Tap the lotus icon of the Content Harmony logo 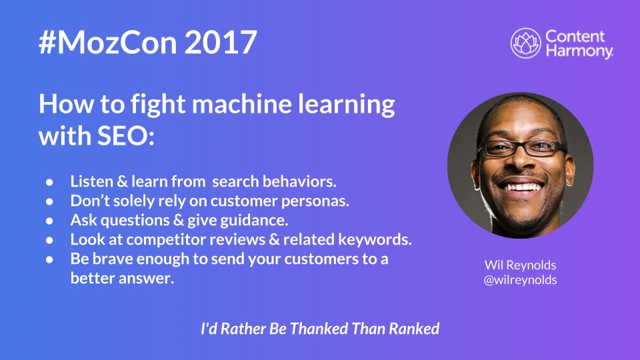[525, 43]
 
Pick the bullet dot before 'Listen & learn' [50, 181]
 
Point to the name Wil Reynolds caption [521, 265]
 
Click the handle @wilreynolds [521, 280]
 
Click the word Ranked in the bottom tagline [412, 329]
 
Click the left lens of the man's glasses [500, 149]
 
